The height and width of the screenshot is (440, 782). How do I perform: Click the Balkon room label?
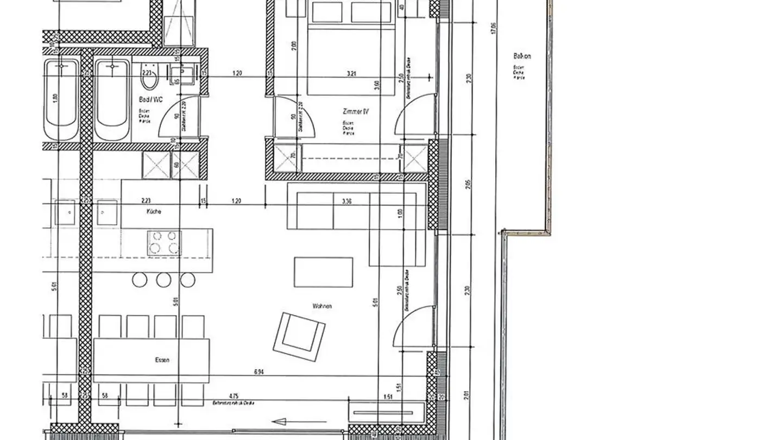pos(521,56)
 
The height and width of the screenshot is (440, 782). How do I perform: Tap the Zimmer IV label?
pos(356,111)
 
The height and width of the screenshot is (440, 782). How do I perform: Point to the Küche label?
pos(153,211)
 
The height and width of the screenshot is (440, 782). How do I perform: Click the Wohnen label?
pos(322,306)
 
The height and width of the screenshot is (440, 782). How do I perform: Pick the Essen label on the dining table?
pos(162,360)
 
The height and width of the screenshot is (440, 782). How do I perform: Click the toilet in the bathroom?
pos(148,80)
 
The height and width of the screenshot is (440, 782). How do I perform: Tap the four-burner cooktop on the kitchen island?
pos(163,243)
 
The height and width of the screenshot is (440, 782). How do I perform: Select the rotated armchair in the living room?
pos(299,335)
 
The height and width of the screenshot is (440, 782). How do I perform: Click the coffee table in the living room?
pos(323,272)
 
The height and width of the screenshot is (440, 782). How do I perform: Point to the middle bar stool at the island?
pos(163,280)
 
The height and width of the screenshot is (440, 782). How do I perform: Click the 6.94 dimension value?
pos(259,372)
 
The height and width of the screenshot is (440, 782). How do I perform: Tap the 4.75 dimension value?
pos(234,396)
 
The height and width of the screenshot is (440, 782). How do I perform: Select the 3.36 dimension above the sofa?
pos(347,201)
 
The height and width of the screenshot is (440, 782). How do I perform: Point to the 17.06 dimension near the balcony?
pos(493,28)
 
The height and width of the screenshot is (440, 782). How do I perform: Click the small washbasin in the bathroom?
pos(181,73)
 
